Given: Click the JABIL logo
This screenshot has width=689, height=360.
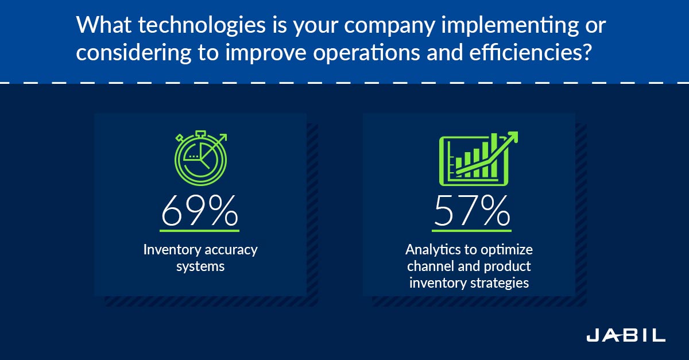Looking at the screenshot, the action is click(626, 335).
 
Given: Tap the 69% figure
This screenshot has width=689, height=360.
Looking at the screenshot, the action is click(200, 210).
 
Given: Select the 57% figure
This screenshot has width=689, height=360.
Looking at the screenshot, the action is click(472, 210).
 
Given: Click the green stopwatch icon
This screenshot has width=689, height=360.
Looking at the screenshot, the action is click(201, 158).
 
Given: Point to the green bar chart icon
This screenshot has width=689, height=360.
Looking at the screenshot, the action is click(478, 159).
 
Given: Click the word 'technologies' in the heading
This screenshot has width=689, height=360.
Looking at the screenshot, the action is click(202, 25).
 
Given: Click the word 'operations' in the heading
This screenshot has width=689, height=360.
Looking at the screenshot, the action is click(366, 53).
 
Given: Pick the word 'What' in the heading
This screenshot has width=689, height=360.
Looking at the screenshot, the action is click(104, 25).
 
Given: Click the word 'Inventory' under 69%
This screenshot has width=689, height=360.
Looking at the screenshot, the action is click(172, 250).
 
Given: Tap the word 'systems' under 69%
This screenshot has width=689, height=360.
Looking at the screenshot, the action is click(200, 267).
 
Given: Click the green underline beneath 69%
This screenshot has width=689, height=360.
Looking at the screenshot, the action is click(199, 230).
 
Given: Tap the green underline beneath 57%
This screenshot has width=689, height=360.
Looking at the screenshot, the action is click(471, 230).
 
